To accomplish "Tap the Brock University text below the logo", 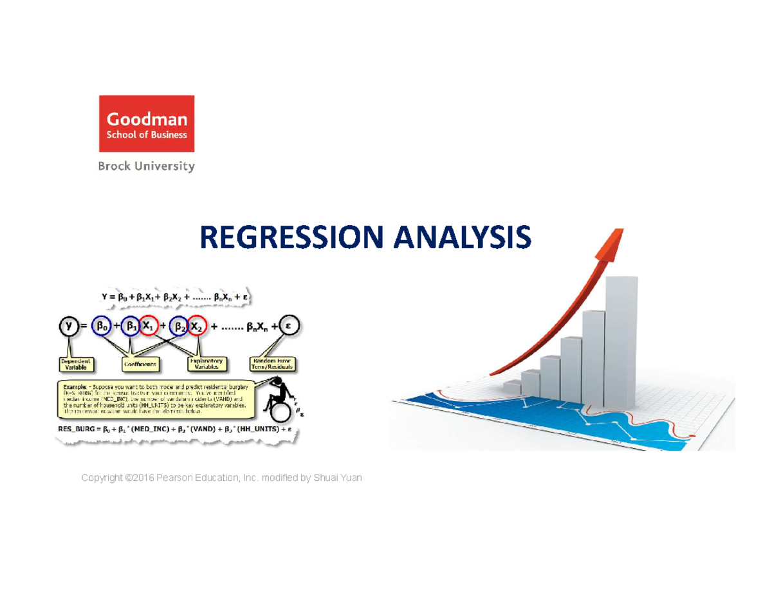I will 146,167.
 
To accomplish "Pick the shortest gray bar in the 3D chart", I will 512,387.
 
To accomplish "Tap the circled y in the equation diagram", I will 69,327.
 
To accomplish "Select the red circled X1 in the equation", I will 149,327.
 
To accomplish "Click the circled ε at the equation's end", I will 289,327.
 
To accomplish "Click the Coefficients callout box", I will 140,364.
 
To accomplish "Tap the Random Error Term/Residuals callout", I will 273,364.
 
